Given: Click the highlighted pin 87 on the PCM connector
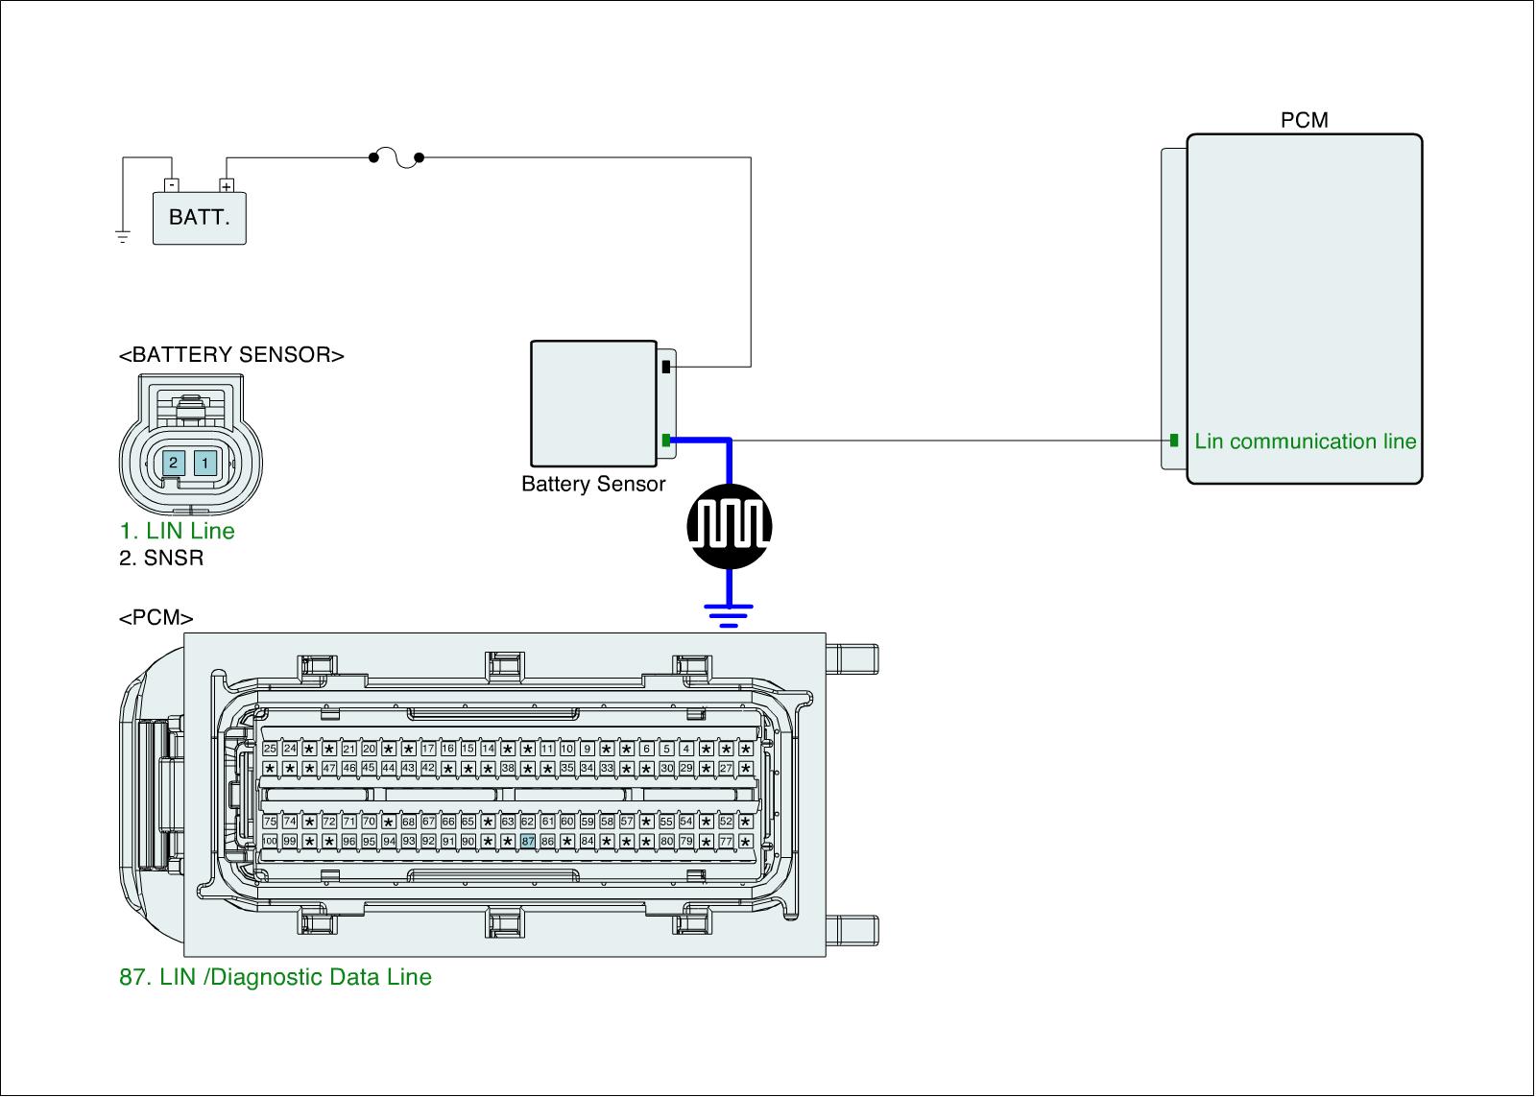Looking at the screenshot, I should click(x=527, y=841).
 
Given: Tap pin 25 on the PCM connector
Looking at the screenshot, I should click(x=270, y=749).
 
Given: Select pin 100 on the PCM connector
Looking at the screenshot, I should click(x=270, y=841).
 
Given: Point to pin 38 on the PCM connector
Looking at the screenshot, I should click(x=508, y=768).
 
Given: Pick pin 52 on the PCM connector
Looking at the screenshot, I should click(x=726, y=822).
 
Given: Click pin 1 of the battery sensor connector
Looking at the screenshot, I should click(x=204, y=464).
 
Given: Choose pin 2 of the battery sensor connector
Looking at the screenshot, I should click(x=173, y=464).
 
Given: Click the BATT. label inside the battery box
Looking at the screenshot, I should click(x=200, y=217).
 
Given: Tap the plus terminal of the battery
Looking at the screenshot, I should click(x=227, y=186).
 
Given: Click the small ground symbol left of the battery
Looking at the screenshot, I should click(x=123, y=236).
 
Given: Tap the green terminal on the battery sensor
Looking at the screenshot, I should click(x=665, y=441).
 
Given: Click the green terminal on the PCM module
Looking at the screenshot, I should click(x=1174, y=441).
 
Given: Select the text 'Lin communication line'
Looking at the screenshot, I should click(x=1306, y=441).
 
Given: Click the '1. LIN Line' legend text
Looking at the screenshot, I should click(x=177, y=531).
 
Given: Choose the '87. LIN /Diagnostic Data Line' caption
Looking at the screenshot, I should click(x=276, y=977).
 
